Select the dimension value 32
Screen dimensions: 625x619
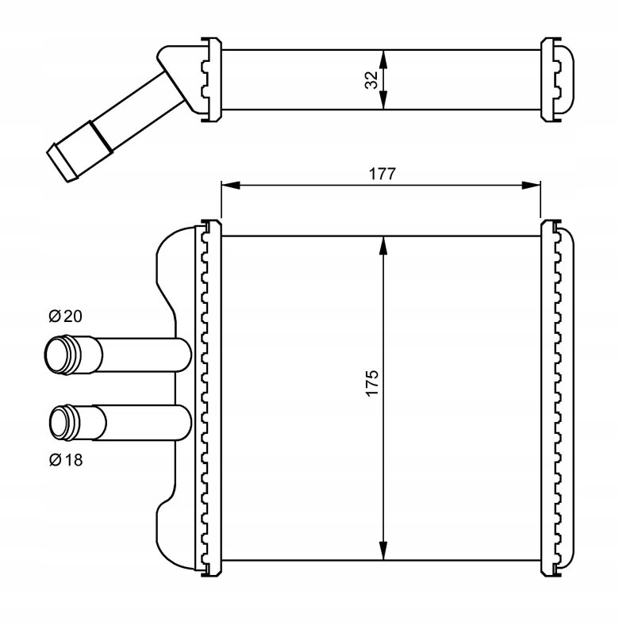coord(371,80)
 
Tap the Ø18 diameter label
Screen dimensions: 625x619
coord(65,458)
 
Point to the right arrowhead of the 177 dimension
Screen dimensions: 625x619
coord(532,186)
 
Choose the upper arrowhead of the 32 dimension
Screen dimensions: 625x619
coord(383,57)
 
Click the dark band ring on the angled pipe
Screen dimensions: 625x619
coord(98,134)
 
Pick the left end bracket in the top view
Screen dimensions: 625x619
coord(210,79)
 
